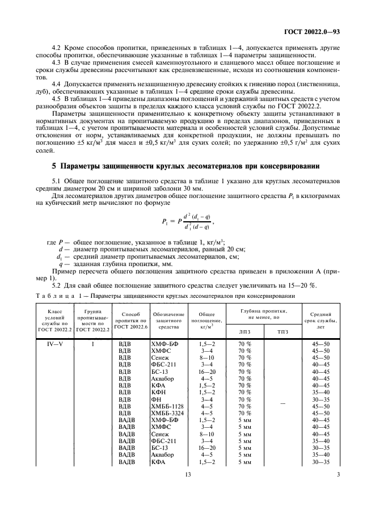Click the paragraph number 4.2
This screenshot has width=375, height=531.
[x=57, y=48]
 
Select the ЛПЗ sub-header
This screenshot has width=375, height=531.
[x=245, y=331]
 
